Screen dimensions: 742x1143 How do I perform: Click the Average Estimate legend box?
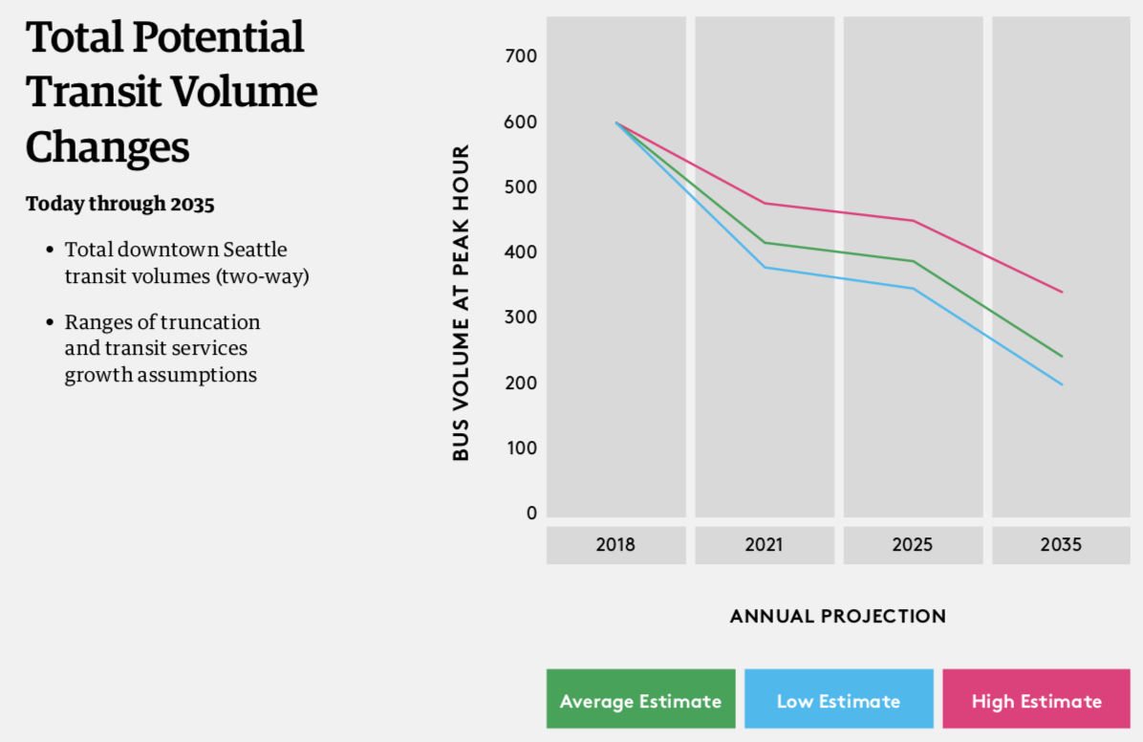click(640, 700)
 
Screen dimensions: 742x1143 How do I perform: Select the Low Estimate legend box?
click(838, 700)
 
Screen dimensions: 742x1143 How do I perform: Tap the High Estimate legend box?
click(1036, 700)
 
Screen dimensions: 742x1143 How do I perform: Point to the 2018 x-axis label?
click(615, 545)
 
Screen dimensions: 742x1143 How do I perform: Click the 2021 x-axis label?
click(764, 545)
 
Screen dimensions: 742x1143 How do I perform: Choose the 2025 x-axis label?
click(913, 545)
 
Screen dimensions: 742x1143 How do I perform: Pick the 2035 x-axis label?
click(1061, 545)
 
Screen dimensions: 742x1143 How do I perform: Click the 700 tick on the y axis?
click(520, 56)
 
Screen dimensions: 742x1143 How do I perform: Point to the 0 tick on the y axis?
click(531, 513)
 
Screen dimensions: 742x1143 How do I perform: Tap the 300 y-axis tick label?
click(520, 317)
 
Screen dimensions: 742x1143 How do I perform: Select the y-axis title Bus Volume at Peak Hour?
click(462, 302)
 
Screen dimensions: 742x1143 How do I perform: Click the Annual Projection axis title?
click(838, 617)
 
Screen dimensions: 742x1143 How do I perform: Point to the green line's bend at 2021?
click(764, 242)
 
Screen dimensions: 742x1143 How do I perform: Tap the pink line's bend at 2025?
click(913, 221)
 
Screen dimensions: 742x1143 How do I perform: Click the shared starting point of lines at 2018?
click(616, 122)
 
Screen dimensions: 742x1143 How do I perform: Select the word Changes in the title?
click(108, 147)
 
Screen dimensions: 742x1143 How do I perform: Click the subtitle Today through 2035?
click(120, 204)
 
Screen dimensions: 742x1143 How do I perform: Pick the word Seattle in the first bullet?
click(255, 250)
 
